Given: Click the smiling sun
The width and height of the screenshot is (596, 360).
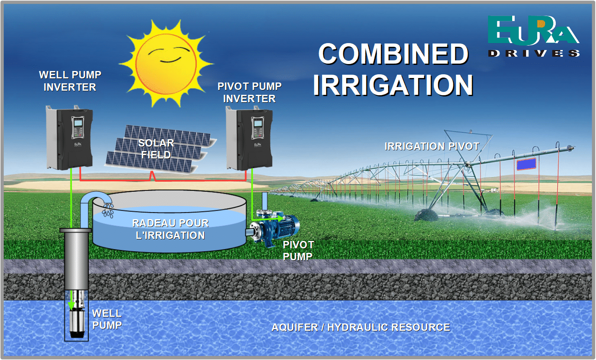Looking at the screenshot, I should tap(166, 63).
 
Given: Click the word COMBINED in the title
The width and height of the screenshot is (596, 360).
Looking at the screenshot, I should tap(393, 54).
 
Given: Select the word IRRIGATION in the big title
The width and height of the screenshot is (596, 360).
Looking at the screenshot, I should tap(393, 85).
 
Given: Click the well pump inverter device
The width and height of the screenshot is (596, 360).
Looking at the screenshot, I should tap(69, 138).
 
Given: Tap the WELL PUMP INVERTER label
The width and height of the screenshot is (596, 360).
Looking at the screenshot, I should tap(70, 81).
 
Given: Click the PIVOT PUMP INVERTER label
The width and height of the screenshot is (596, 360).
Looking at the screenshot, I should tap(249, 92).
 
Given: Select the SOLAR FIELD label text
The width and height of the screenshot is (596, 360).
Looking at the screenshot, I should tap(156, 149).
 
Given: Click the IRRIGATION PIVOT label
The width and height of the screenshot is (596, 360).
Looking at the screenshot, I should tap(432, 146).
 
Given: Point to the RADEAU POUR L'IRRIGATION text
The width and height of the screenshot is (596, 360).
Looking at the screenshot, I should tap(170, 229).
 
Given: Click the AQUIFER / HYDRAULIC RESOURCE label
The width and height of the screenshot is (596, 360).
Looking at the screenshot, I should tap(361, 327).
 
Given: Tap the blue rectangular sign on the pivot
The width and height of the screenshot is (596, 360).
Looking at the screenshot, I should tap(526, 164).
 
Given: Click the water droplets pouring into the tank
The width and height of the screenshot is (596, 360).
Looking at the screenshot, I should tap(108, 211).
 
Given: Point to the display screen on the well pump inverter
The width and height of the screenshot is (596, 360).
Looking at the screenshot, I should tap(77, 123).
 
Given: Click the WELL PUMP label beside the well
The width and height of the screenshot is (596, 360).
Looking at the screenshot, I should tap(107, 319).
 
